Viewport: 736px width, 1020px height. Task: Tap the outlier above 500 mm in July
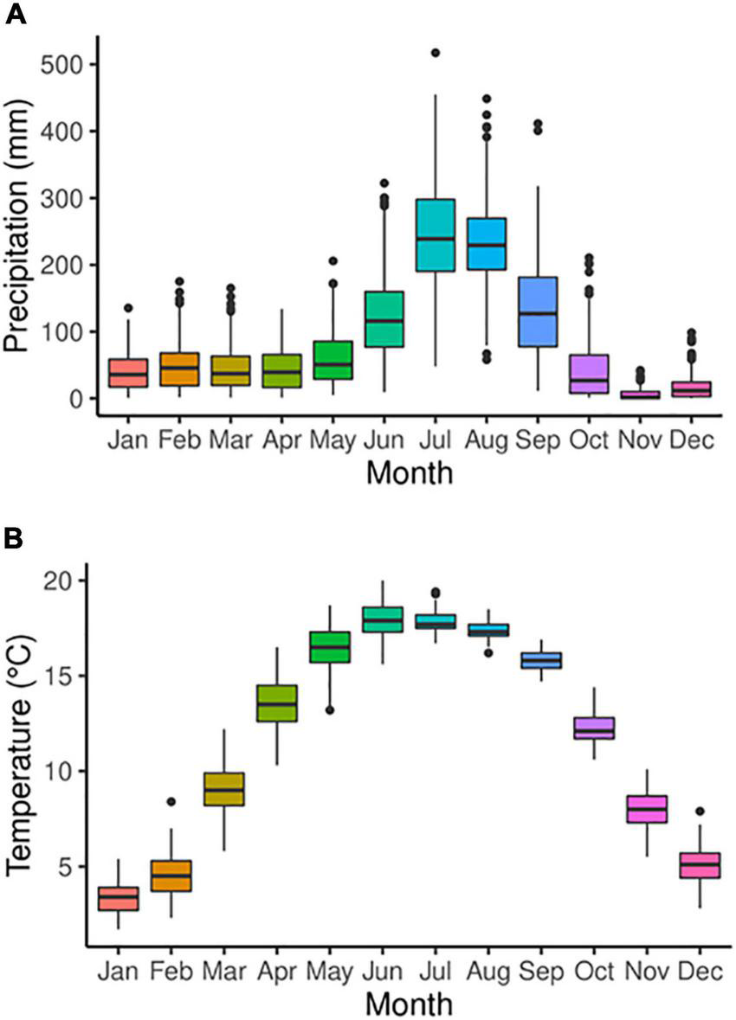(x=435, y=53)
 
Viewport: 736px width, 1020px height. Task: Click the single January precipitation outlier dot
(x=127, y=308)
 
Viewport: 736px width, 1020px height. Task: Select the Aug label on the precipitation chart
(x=486, y=440)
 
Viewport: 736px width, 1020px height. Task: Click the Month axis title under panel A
(x=408, y=473)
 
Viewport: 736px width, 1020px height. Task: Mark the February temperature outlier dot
(x=171, y=802)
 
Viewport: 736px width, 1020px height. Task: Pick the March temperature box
(x=223, y=788)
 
